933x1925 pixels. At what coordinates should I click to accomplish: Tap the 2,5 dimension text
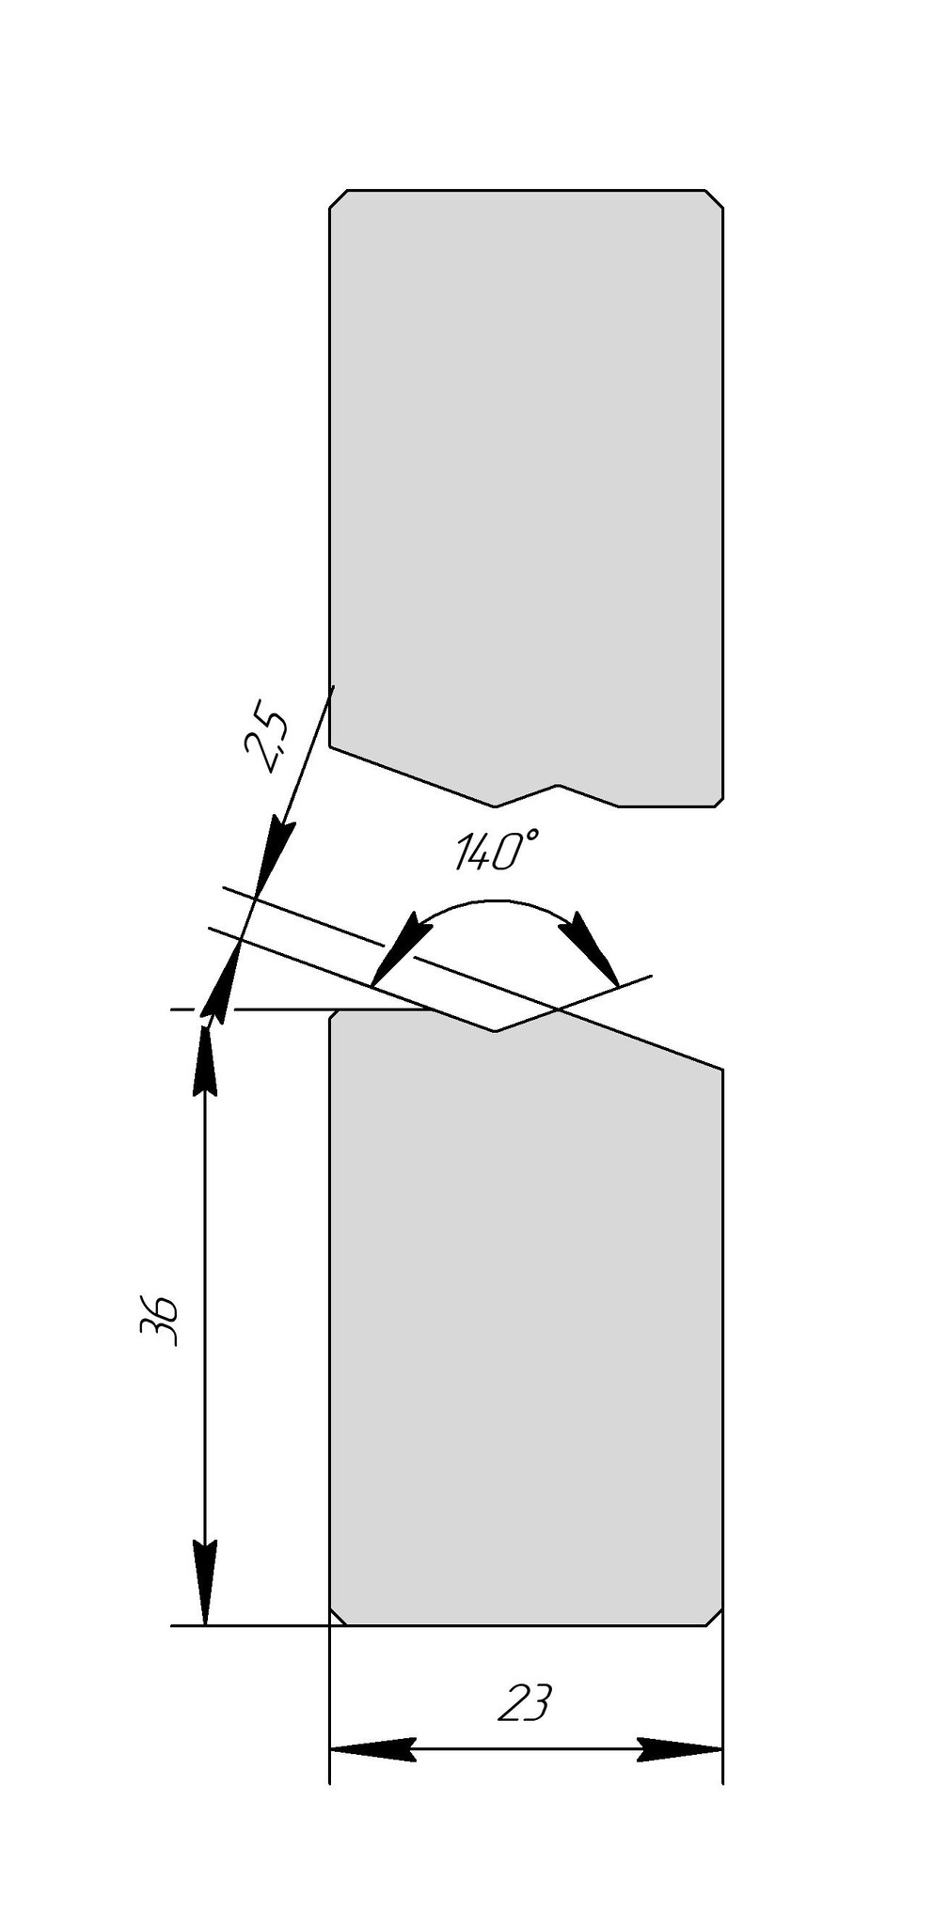click(266, 742)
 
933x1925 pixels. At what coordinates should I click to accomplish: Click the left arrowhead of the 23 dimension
click(372, 1749)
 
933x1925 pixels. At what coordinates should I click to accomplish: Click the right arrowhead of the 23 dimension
click(679, 1749)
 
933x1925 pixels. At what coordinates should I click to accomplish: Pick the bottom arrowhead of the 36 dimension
click(205, 1584)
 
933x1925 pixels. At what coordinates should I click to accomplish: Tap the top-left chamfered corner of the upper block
click(338, 198)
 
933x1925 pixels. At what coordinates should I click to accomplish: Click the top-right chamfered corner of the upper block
click(714, 198)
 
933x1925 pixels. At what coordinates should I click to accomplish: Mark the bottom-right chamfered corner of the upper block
click(718, 801)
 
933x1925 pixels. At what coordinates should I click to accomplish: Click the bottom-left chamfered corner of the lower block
click(338, 1616)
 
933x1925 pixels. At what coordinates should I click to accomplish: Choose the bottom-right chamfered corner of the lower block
click(714, 1616)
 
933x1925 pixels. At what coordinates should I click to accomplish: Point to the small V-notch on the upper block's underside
click(557, 786)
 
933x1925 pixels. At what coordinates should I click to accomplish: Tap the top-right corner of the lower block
click(721, 1070)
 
